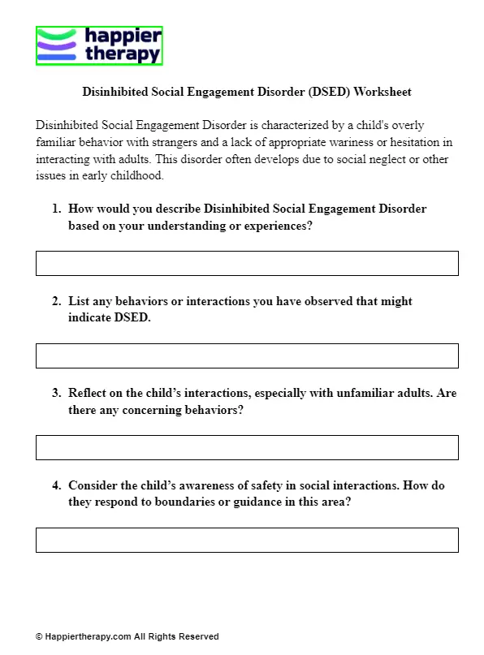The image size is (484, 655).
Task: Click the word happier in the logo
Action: point(122,37)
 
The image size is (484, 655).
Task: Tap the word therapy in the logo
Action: point(122,54)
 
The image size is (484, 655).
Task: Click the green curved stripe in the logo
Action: point(58,34)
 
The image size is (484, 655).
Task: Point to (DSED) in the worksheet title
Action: point(329,92)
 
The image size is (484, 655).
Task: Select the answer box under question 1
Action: point(247,263)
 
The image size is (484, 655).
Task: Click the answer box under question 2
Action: point(247,356)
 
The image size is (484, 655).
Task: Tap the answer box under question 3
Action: point(247,447)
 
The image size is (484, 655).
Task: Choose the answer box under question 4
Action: point(247,540)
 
